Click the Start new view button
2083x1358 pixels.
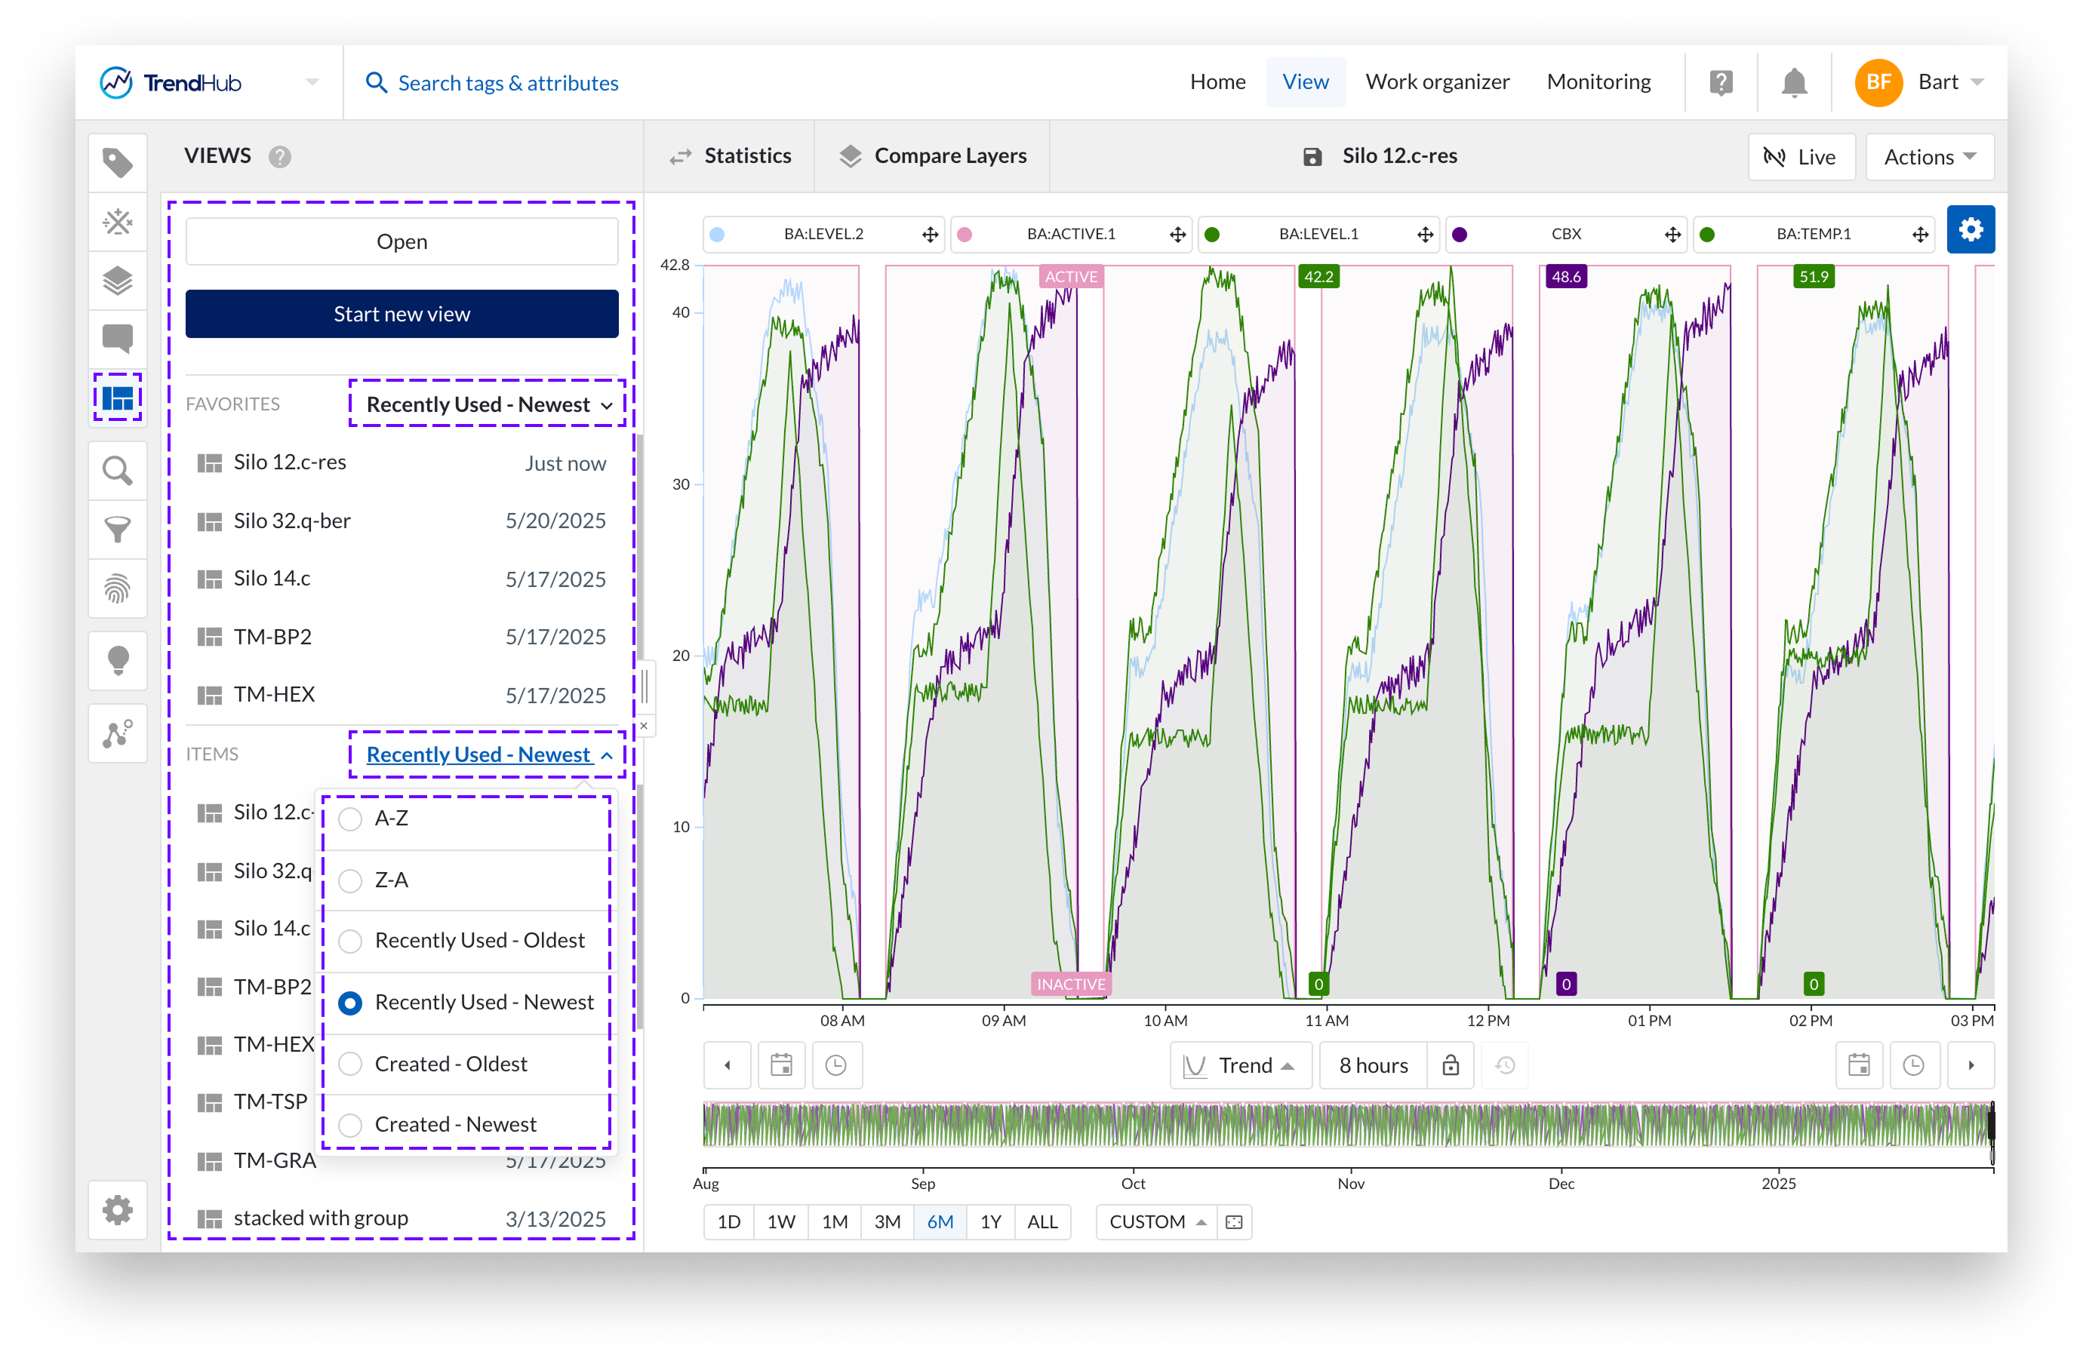point(402,314)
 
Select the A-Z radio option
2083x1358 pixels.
point(351,819)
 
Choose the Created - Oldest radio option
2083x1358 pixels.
point(351,1064)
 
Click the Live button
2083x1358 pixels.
point(1801,158)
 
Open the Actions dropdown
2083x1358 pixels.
point(1929,158)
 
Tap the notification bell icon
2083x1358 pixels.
point(1793,83)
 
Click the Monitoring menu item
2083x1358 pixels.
point(1598,82)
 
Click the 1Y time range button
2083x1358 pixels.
point(990,1221)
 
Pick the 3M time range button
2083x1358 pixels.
point(887,1221)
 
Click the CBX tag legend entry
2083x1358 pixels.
point(1566,235)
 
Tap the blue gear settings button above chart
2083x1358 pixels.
point(1970,230)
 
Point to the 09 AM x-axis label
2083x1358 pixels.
point(1003,1020)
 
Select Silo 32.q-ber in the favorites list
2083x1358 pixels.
point(292,521)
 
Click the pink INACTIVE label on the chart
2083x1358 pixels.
point(1070,985)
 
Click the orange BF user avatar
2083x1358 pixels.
point(1878,83)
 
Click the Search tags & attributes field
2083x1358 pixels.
point(508,83)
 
